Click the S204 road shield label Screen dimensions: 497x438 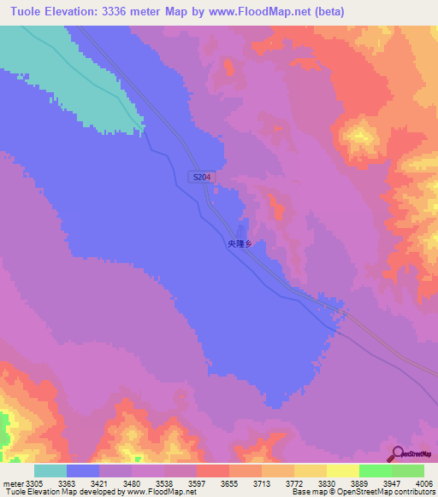tap(202, 177)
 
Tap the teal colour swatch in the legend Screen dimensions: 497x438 tap(50, 471)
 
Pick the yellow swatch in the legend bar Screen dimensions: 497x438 tap(343, 471)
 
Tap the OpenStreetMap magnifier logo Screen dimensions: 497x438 tap(398, 453)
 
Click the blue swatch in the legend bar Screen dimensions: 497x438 tap(83, 471)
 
